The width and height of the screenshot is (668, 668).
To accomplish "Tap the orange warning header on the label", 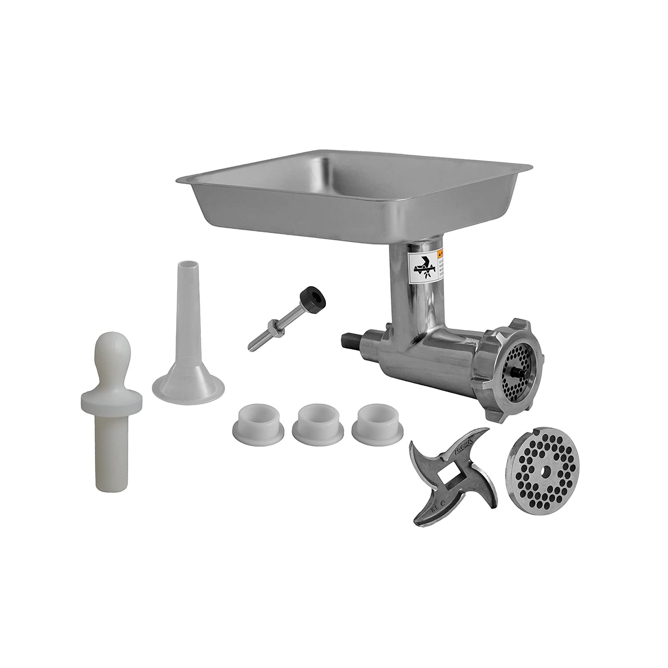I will [x=440, y=254].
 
